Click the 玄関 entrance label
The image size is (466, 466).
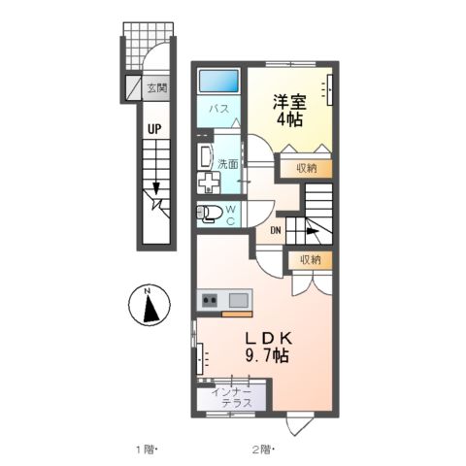(156, 88)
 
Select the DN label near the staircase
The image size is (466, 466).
(276, 230)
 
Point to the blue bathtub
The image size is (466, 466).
(220, 80)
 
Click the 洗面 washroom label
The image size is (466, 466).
(227, 163)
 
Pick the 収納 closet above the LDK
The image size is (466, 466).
(309, 259)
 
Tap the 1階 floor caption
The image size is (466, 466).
(143, 449)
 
